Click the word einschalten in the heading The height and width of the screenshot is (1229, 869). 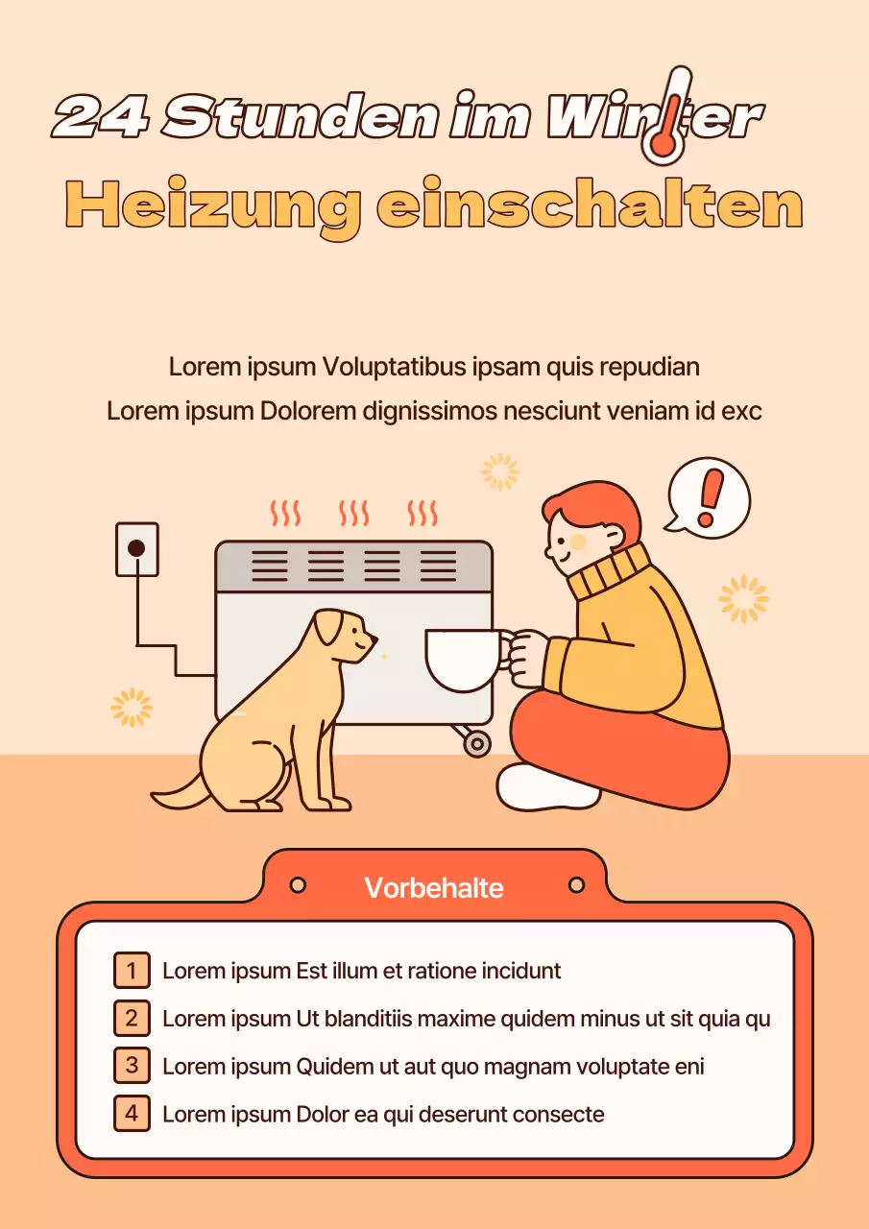(x=589, y=205)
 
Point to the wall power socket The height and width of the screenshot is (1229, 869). (x=136, y=549)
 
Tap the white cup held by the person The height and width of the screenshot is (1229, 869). (x=464, y=660)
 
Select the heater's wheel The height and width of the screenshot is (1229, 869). (x=476, y=742)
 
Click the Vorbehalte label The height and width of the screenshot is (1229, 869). (x=434, y=887)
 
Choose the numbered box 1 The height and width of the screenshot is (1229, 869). (x=132, y=971)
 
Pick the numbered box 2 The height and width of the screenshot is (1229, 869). (x=132, y=1018)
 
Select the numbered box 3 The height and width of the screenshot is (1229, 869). (x=132, y=1066)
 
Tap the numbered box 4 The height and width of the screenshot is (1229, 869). (x=132, y=1114)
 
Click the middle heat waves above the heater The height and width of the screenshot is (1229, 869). (x=354, y=513)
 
